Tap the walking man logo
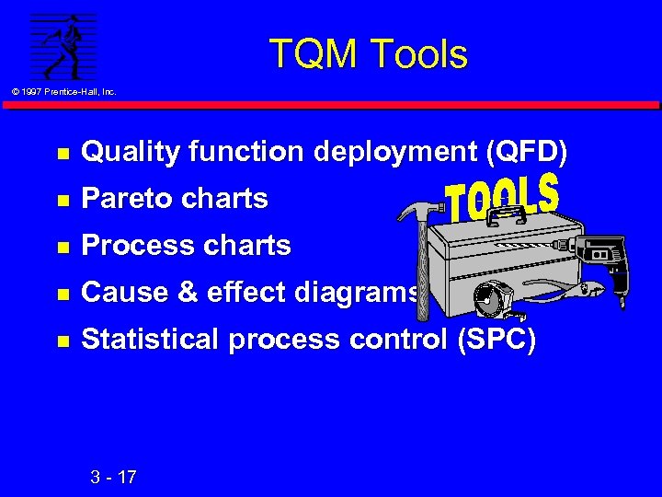(x=63, y=46)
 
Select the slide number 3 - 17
(x=113, y=477)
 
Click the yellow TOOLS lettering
(x=501, y=198)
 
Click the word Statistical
(x=151, y=340)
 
